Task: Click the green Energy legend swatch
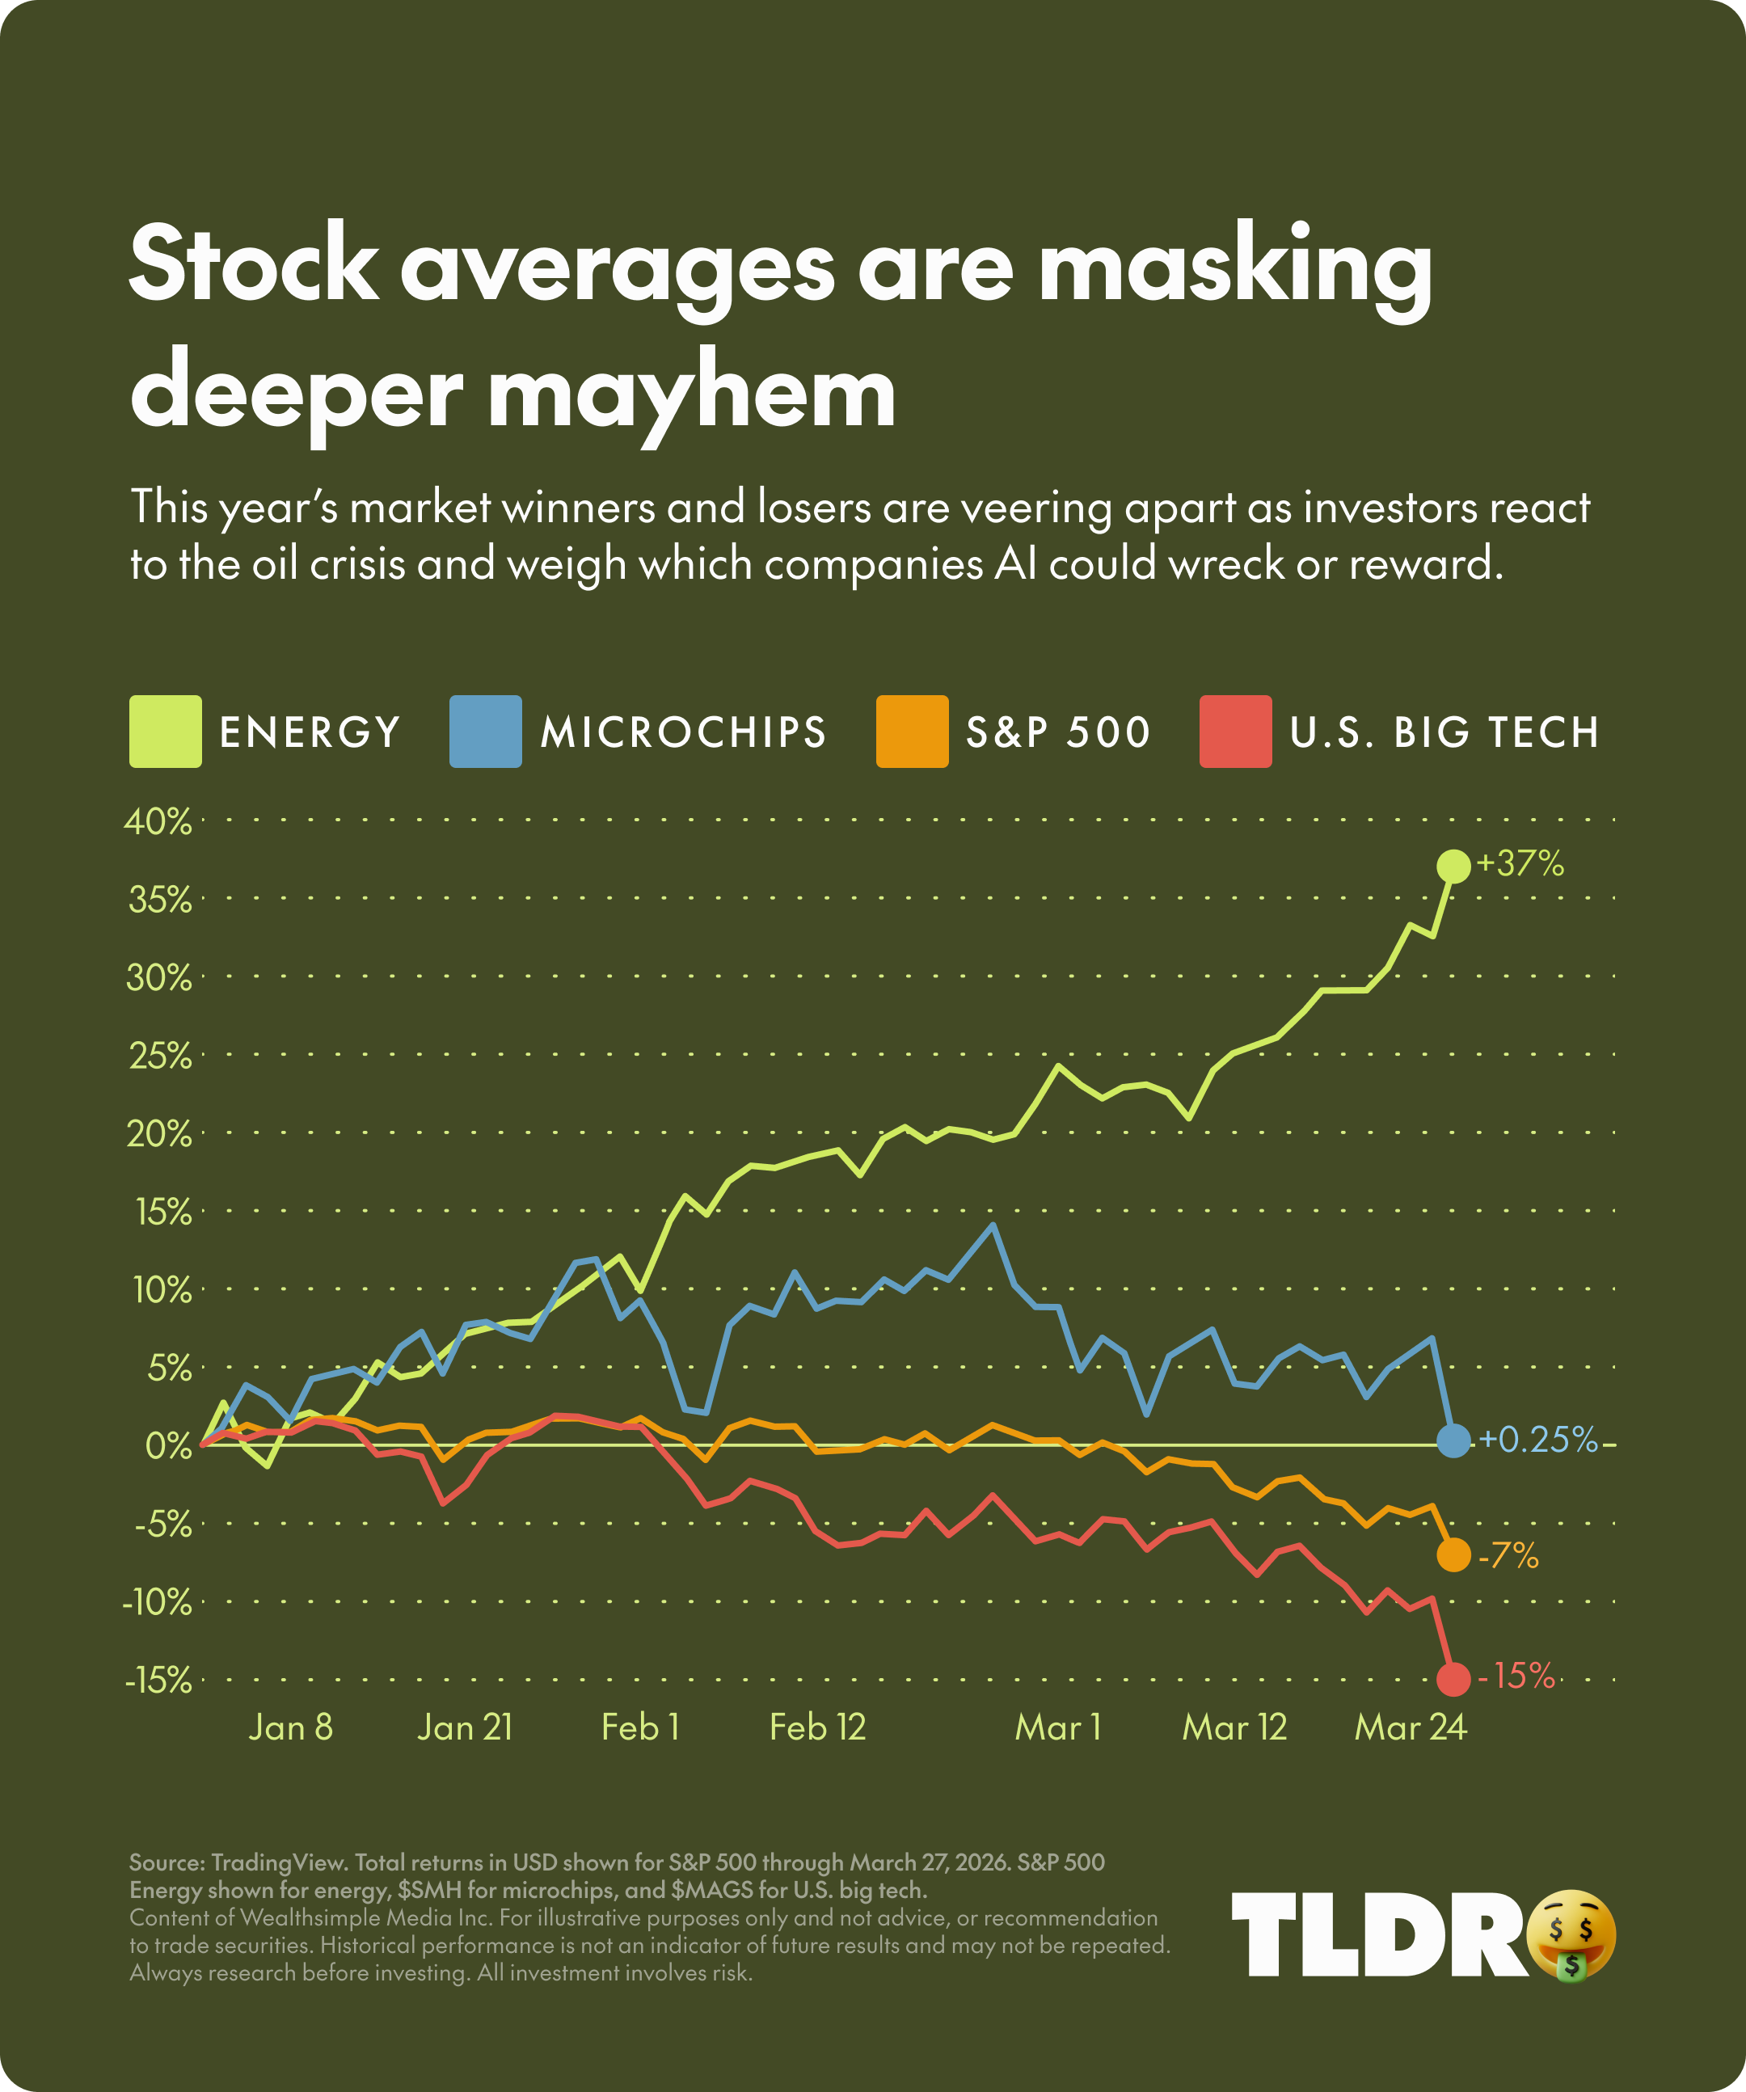tap(166, 732)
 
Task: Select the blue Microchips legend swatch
tap(485, 732)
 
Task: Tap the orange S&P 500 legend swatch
tap(911, 732)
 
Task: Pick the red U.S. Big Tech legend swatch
tap(1235, 732)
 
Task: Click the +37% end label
tap(1520, 863)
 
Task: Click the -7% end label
tap(1508, 1555)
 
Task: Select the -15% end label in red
tap(1516, 1676)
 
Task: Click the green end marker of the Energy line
tap(1453, 866)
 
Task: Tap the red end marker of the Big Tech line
tap(1453, 1679)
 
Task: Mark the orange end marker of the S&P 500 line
tap(1453, 1554)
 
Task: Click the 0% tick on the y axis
tap(167, 1445)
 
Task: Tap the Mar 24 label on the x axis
tap(1410, 1727)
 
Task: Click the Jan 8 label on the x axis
tap(290, 1727)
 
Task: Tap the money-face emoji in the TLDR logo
tap(1571, 1934)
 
